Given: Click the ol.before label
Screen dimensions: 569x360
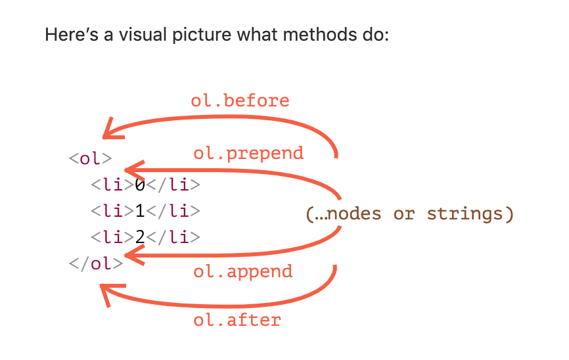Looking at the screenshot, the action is click(x=240, y=101).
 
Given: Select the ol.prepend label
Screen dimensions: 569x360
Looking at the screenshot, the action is click(x=248, y=154).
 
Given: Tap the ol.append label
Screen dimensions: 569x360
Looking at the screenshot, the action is click(x=242, y=272).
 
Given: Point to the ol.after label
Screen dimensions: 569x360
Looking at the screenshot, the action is click(x=237, y=320).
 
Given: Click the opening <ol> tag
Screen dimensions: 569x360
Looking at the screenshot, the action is click(x=91, y=158).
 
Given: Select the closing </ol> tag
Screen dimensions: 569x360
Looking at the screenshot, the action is click(x=96, y=263).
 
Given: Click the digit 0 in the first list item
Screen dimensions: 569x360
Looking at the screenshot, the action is click(x=140, y=185).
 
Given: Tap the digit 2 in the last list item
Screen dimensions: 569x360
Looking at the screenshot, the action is click(x=140, y=237).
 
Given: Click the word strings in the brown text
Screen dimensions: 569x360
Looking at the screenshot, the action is click(x=465, y=214).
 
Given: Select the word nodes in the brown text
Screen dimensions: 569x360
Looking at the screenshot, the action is click(x=354, y=214).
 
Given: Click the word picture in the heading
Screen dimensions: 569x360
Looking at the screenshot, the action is click(x=202, y=35).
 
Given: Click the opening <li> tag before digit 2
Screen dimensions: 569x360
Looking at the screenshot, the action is click(x=112, y=237).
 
